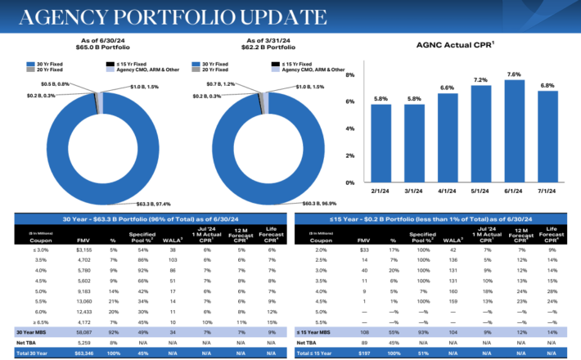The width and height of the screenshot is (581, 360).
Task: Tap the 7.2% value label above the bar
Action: (480, 79)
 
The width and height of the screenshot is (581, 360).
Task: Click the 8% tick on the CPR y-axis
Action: (350, 75)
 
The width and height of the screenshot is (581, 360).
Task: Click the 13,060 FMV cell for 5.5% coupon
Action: (85, 302)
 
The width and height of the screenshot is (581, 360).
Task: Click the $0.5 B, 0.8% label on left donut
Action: (56, 84)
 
